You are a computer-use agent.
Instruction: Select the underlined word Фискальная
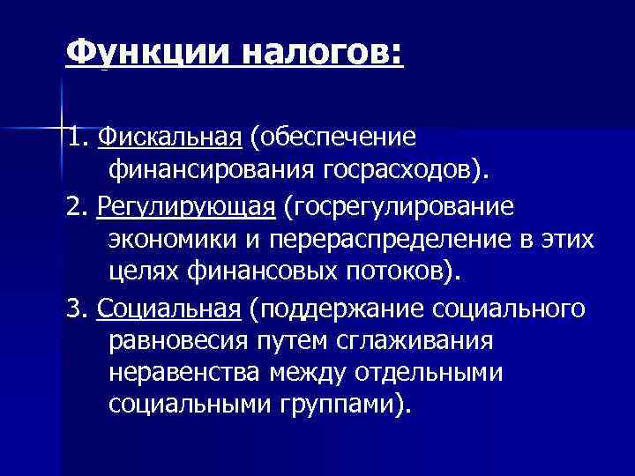click(170, 138)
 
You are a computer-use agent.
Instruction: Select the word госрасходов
click(401, 169)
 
